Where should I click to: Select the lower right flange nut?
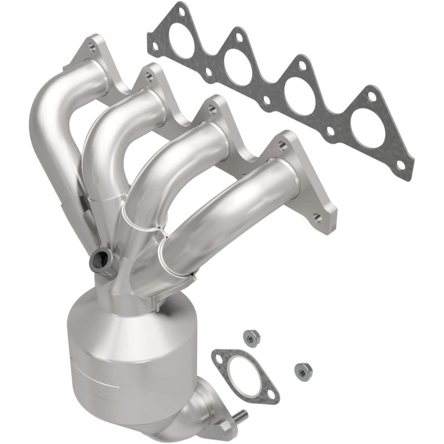click(x=301, y=367)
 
